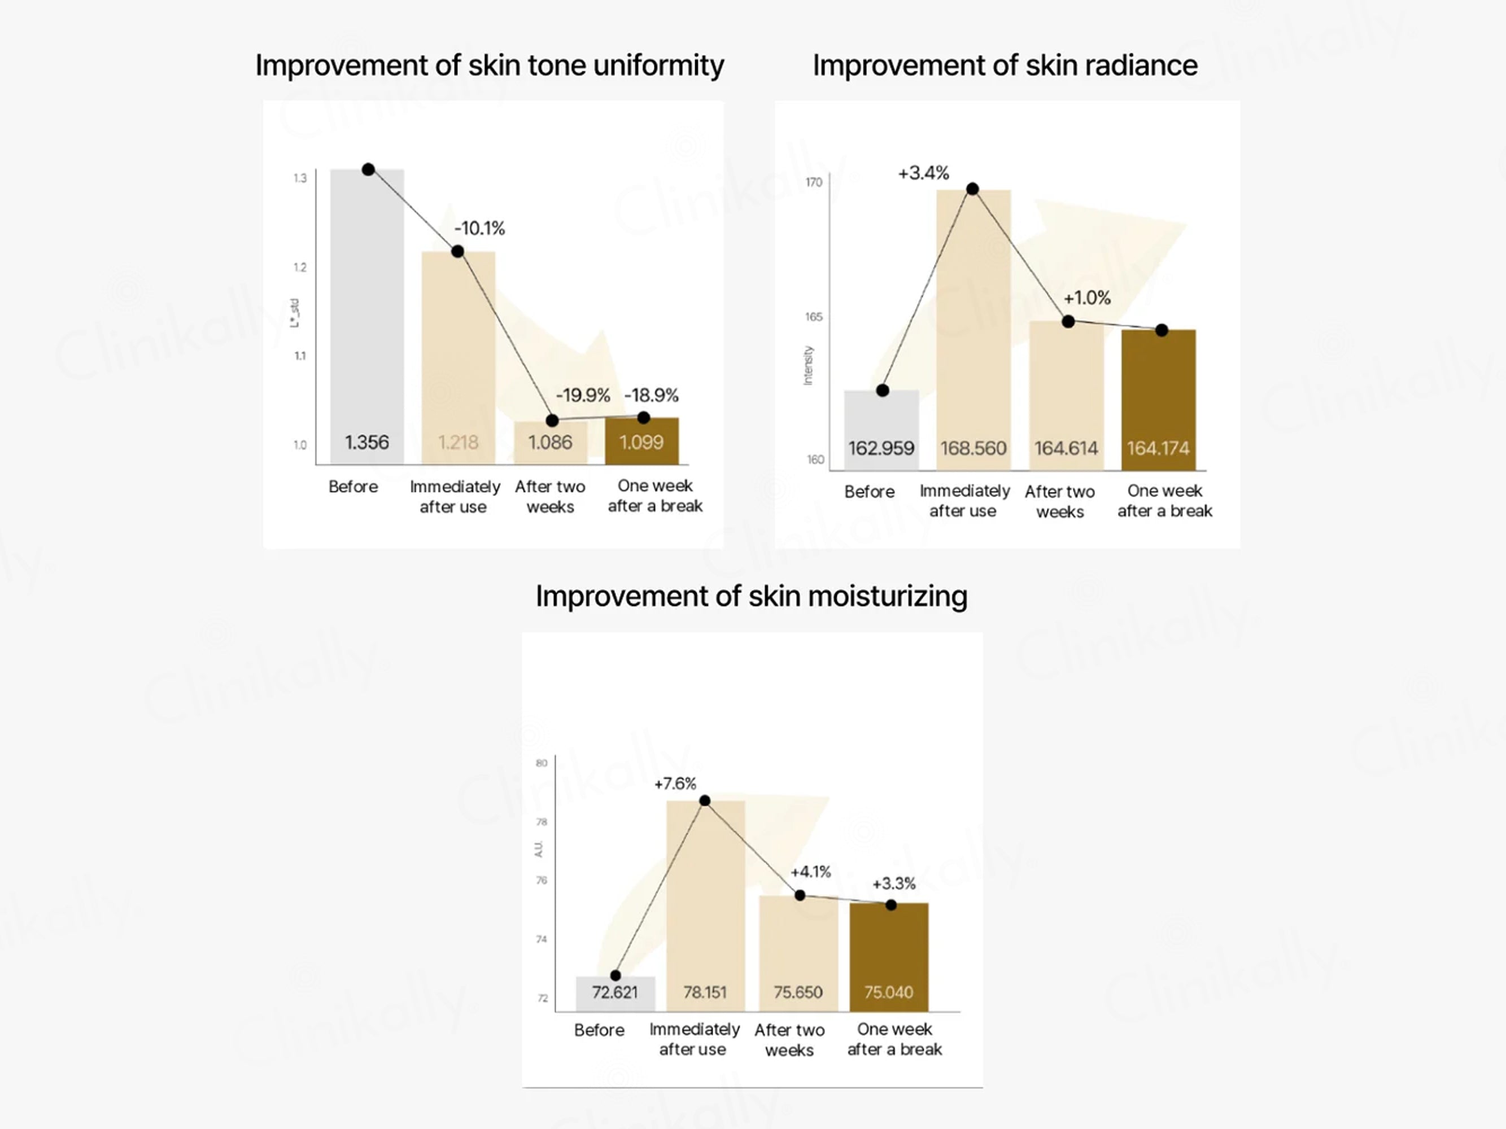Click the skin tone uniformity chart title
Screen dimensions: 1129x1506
489,66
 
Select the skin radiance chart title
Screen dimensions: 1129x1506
1005,66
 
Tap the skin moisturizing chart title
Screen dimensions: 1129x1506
751,596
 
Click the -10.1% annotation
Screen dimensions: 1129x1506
479,228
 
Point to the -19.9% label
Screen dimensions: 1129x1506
583,395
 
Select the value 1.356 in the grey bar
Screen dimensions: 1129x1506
367,443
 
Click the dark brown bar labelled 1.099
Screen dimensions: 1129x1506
641,441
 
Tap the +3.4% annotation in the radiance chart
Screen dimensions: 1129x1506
923,173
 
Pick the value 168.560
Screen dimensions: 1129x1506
973,448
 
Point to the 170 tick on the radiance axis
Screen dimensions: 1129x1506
814,182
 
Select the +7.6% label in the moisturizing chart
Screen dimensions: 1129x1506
675,784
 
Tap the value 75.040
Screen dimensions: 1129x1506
888,992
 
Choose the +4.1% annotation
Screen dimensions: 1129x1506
810,872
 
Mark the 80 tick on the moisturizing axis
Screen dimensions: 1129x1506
542,763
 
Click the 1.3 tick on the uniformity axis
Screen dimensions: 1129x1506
300,178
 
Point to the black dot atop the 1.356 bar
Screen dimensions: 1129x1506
368,169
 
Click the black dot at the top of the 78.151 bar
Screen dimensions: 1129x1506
705,801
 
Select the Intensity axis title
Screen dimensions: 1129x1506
808,365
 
